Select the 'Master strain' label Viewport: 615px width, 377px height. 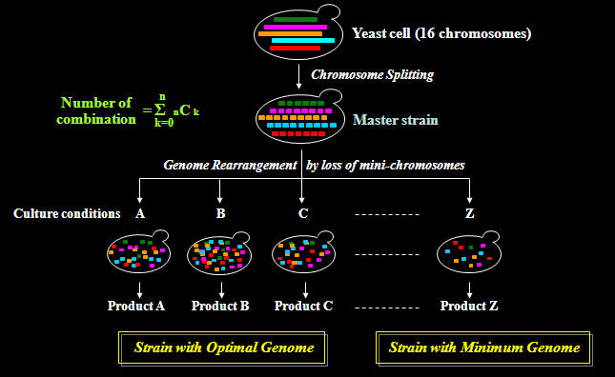click(392, 120)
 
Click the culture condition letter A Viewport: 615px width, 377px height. click(140, 213)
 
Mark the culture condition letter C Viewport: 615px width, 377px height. click(302, 213)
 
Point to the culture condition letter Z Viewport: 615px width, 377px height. click(469, 213)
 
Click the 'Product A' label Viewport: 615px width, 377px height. click(138, 307)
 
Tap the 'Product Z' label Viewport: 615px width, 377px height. click(469, 307)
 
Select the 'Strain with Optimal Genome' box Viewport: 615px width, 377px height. click(223, 348)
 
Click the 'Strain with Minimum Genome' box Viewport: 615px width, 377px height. click(484, 348)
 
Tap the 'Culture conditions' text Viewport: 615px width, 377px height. click(67, 213)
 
